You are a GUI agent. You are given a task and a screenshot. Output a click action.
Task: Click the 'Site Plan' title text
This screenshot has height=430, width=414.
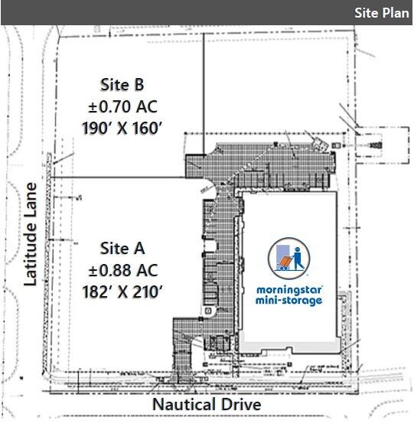[x=380, y=12]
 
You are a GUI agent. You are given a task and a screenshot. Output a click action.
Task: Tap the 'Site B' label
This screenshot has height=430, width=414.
[x=122, y=84]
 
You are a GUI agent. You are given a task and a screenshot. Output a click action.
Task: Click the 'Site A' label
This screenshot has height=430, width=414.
[x=122, y=248]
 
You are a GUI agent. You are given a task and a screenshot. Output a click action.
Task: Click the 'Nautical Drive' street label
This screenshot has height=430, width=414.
[x=207, y=403]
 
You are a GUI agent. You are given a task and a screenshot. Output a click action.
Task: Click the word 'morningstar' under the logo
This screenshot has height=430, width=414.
[x=287, y=290]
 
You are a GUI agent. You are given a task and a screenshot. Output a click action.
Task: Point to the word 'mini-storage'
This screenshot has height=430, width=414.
[x=287, y=301]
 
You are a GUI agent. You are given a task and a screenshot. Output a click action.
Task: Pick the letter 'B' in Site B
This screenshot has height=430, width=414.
[x=139, y=84]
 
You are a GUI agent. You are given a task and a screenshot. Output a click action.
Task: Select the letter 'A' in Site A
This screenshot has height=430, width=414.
[x=139, y=248]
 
